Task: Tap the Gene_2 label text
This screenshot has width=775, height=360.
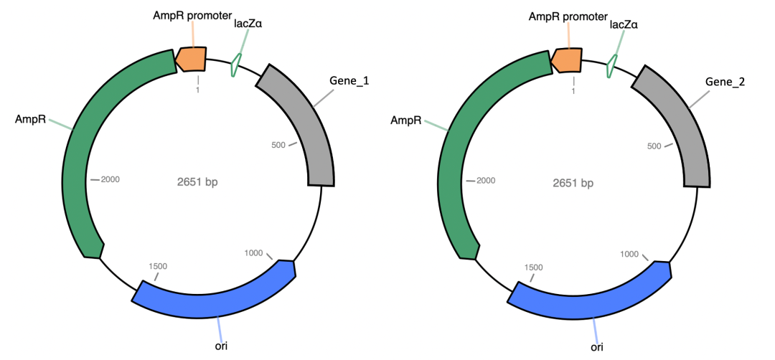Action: tap(725, 82)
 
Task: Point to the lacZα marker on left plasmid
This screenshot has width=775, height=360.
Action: tap(235, 66)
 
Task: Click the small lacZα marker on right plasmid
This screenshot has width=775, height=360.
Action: tap(610, 65)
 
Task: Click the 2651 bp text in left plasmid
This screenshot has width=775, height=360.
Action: tap(197, 182)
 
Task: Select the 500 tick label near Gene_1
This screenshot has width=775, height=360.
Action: tap(279, 145)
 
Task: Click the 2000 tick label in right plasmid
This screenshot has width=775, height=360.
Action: tap(486, 180)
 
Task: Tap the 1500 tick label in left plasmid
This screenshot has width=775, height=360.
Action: tap(158, 266)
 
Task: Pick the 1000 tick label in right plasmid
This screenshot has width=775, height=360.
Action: tap(629, 254)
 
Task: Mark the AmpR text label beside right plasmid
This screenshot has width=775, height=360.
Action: tap(405, 120)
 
